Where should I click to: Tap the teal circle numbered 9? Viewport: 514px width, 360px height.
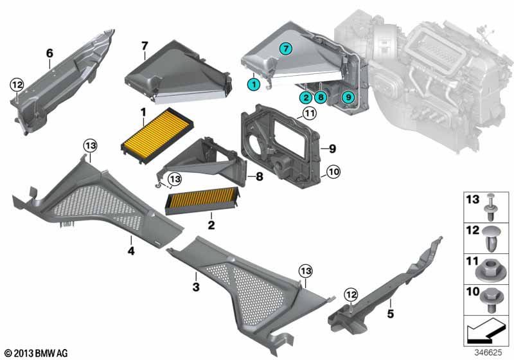[x=348, y=97]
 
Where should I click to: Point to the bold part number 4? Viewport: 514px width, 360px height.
[x=131, y=251]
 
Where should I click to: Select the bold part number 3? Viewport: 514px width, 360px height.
[x=196, y=284]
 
